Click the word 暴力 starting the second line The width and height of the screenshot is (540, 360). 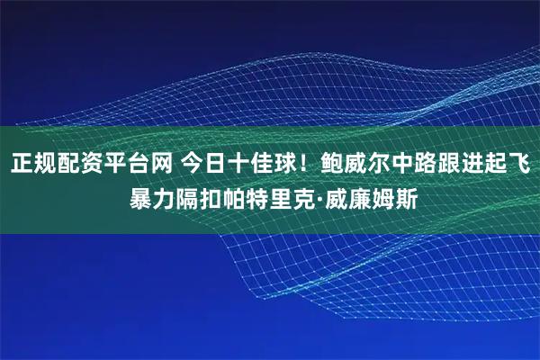[152, 197]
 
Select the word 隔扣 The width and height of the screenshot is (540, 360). [199, 197]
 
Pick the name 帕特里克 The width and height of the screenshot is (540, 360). [269, 197]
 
